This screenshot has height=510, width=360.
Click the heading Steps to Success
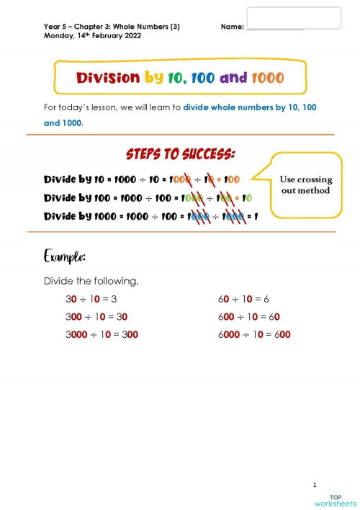click(x=180, y=155)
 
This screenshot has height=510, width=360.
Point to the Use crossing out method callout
click(x=305, y=184)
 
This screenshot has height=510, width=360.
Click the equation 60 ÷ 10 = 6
click(x=243, y=299)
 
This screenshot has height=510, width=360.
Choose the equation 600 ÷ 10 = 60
click(x=248, y=316)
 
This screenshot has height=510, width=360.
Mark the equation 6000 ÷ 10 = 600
click(x=253, y=334)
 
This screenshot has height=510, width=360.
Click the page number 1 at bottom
click(x=315, y=484)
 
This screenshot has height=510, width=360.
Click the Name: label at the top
click(x=233, y=27)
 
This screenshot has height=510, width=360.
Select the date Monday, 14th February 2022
click(x=92, y=35)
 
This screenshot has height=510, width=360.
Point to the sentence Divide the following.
click(x=91, y=280)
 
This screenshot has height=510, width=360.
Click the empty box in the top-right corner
click(x=294, y=18)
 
